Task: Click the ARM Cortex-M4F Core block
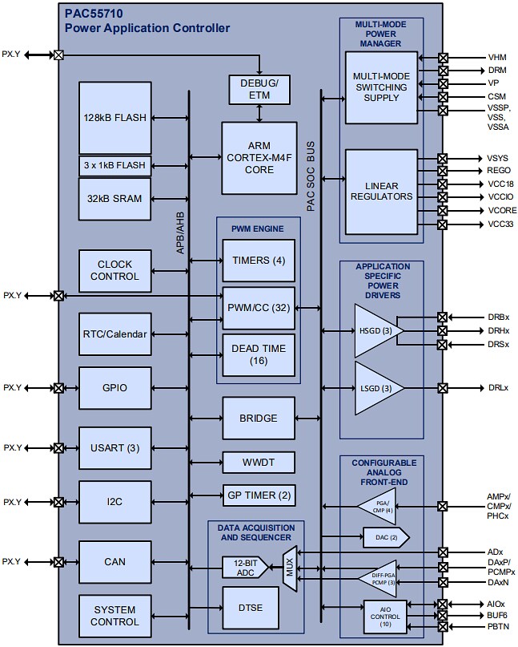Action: (259, 157)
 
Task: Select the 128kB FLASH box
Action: (114, 117)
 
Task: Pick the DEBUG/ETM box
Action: (259, 89)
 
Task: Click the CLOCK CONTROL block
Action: (114, 270)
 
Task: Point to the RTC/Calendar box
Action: (114, 333)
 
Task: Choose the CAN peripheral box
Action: (114, 562)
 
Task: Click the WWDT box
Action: (259, 463)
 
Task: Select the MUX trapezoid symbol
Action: (290, 568)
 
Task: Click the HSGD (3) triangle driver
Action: (375, 330)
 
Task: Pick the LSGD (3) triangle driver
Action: (375, 388)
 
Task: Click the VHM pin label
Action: (497, 58)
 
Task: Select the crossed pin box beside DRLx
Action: (443, 388)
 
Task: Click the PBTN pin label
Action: (498, 626)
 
